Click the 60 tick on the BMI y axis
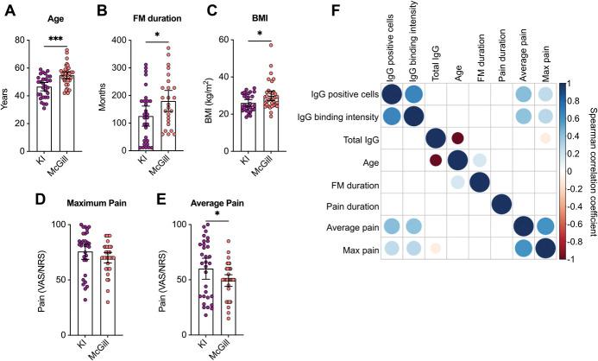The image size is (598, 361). pyautogui.click(x=227, y=41)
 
